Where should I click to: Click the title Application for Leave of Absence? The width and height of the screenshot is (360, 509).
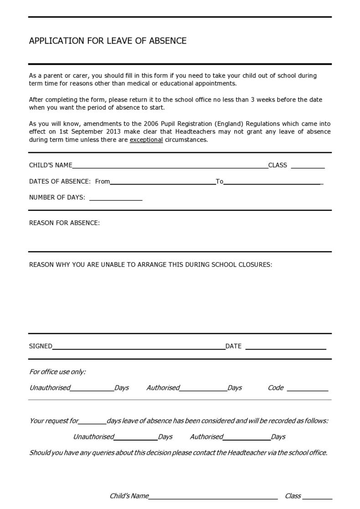tap(108, 41)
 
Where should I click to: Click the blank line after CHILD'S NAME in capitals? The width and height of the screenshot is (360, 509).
tap(170, 166)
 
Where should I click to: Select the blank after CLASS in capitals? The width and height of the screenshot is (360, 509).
tap(308, 166)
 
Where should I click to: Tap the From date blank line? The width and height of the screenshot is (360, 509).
tap(163, 182)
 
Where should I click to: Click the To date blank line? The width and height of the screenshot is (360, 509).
tap(273, 182)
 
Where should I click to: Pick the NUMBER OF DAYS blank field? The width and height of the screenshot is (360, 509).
tap(116, 198)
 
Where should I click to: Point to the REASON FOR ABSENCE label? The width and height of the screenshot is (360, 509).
tap(64, 223)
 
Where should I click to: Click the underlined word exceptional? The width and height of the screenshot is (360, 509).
tap(146, 140)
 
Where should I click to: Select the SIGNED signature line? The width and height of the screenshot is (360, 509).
tap(139, 347)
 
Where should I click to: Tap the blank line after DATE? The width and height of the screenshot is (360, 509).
tap(286, 347)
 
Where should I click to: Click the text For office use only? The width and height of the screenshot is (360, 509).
tap(57, 372)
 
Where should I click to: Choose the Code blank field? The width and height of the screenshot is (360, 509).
tap(307, 388)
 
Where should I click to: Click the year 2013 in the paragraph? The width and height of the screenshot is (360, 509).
tap(113, 132)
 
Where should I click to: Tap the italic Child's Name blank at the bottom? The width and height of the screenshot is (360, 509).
tap(213, 497)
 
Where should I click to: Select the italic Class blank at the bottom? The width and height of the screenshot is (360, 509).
tap(317, 497)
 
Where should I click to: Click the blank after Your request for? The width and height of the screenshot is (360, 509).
tap(93, 422)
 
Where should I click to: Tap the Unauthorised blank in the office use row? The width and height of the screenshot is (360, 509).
tap(92, 388)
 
